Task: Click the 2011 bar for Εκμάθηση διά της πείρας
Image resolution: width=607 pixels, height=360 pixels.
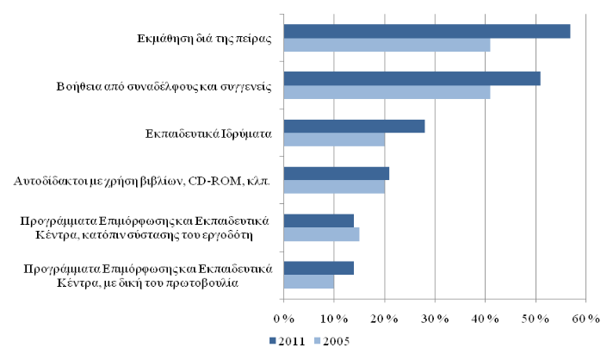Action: click(426, 32)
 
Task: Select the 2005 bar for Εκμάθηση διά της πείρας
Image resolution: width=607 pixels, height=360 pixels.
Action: click(387, 45)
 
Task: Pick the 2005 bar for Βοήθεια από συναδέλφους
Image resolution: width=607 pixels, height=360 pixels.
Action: click(387, 91)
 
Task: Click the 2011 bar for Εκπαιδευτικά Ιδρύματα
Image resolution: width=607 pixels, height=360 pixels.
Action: click(354, 126)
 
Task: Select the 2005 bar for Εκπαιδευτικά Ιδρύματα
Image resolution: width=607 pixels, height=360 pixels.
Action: click(334, 139)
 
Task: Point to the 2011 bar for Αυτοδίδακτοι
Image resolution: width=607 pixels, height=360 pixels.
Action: click(336, 173)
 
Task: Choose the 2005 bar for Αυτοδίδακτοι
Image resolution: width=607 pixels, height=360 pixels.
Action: click(334, 186)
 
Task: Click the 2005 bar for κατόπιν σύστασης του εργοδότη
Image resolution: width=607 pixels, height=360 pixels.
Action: click(321, 233)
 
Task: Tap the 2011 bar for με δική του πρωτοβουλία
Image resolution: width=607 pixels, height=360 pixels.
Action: click(319, 267)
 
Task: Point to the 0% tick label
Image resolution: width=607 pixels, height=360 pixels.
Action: click(284, 320)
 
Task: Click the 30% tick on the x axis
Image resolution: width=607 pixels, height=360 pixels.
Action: click(435, 320)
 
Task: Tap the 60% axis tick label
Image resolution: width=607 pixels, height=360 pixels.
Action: click(585, 320)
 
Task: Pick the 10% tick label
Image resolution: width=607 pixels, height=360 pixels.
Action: click(334, 320)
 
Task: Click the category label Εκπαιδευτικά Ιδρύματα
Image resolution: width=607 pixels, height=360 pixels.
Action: click(209, 133)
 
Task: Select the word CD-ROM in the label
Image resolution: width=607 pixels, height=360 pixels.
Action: click(223, 181)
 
